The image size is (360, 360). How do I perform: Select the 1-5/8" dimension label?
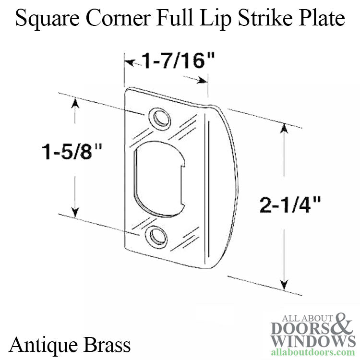[72, 151]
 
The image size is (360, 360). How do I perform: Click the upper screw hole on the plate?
[160, 120]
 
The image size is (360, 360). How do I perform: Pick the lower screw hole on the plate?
[157, 238]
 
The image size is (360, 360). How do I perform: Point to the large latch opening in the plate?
[159, 179]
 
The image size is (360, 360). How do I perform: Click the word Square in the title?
[48, 19]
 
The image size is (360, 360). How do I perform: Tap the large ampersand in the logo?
[343, 324]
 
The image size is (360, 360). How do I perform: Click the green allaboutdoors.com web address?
[313, 351]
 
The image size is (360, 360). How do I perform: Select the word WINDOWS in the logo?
[312, 341]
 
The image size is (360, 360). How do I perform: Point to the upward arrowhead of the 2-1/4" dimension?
[285, 128]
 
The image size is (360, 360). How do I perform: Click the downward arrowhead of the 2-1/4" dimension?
[285, 285]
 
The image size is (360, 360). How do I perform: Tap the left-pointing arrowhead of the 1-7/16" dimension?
[130, 62]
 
